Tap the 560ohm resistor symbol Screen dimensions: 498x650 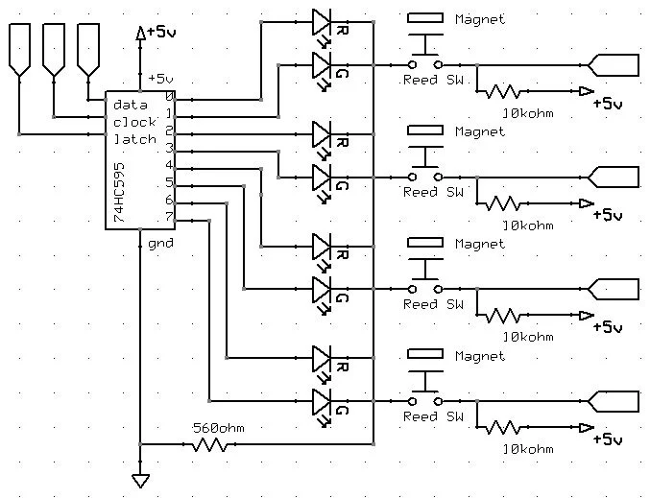pos(208,444)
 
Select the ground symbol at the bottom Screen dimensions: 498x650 pos(140,480)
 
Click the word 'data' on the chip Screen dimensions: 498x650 pos(129,104)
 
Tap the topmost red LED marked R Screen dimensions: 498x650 pos(322,21)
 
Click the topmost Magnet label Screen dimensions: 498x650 pos(479,19)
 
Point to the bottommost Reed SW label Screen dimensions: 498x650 pos(433,416)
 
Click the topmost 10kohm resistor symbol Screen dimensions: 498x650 pos(503,92)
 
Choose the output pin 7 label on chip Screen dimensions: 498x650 pos(169,217)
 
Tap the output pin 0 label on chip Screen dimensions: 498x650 pos(169,96)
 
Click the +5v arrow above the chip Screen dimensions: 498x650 pos(142,33)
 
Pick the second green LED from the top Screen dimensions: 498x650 pos(322,177)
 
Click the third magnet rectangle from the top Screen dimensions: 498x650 pos(425,242)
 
